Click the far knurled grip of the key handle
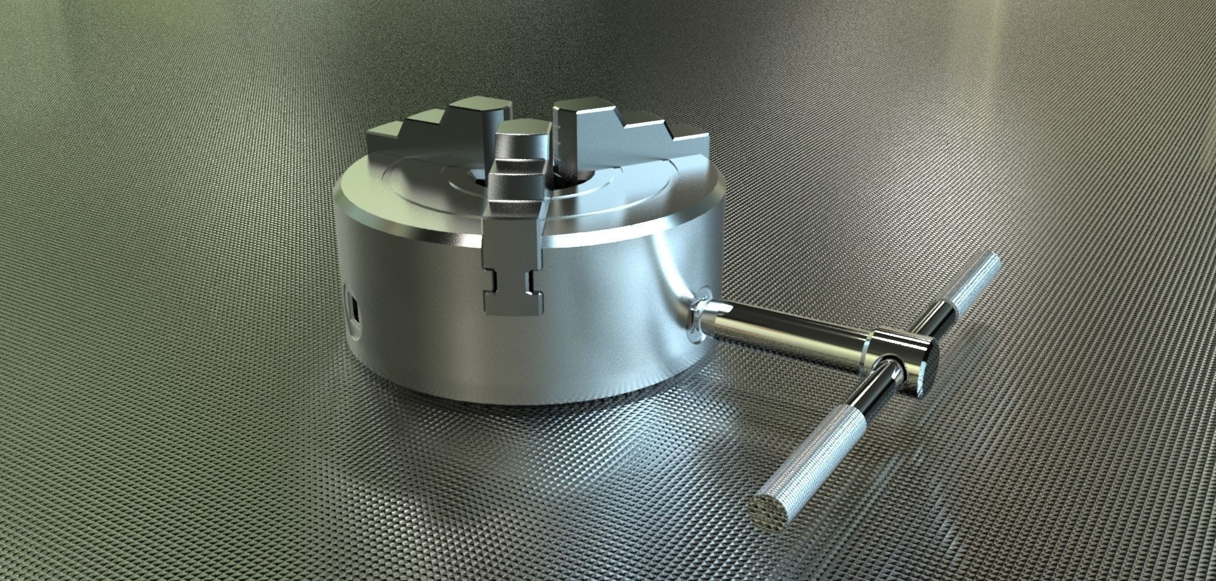click(975, 278)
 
